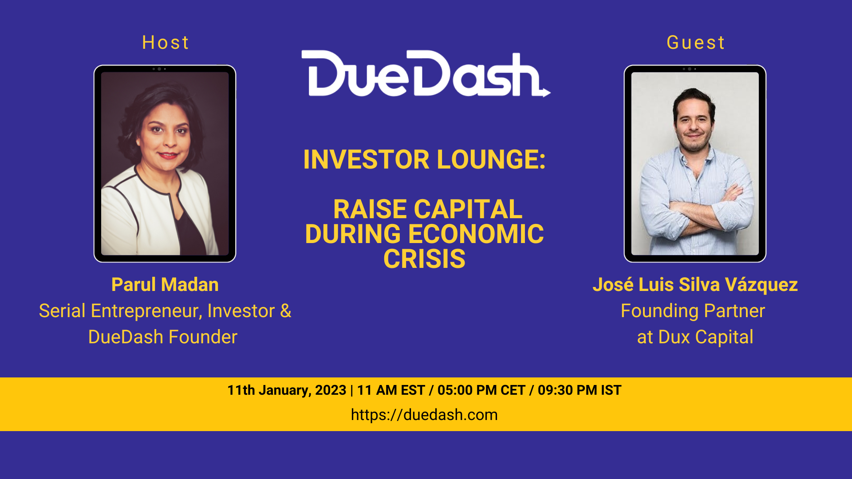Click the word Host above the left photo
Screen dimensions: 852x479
click(166, 43)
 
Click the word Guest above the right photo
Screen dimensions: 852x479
click(695, 43)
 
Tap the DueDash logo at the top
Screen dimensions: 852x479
click(426, 73)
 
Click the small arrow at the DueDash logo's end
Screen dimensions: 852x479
click(545, 92)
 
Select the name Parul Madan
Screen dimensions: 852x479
click(165, 285)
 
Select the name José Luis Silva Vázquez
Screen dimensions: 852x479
click(695, 285)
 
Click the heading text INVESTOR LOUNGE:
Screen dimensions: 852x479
click(425, 160)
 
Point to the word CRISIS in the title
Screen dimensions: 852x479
click(425, 259)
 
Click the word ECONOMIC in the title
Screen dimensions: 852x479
click(476, 234)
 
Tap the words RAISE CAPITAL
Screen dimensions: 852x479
click(428, 209)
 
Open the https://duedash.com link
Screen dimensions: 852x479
click(424, 415)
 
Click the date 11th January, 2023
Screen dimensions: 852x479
click(287, 390)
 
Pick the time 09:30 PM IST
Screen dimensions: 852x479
click(580, 390)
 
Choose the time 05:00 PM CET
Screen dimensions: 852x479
click(481, 390)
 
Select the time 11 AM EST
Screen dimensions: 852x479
click(391, 390)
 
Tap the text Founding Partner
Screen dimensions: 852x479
click(693, 311)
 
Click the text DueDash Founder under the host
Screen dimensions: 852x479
click(163, 337)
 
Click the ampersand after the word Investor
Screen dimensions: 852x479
click(286, 311)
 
